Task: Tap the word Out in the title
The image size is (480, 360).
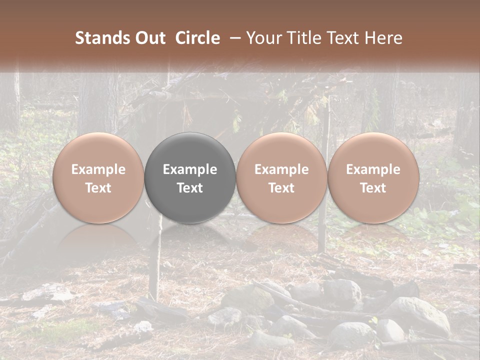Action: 149,38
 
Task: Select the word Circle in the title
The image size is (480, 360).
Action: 197,38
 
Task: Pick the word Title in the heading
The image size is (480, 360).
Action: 305,38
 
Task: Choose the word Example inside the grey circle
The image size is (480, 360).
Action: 190,169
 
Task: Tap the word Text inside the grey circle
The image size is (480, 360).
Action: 190,188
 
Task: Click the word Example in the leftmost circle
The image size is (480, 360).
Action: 98,169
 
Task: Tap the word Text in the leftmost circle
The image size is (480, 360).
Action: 98,188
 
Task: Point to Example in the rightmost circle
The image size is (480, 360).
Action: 373,169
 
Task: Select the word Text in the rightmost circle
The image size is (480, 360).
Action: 373,188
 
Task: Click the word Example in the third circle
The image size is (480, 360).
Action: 281,169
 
